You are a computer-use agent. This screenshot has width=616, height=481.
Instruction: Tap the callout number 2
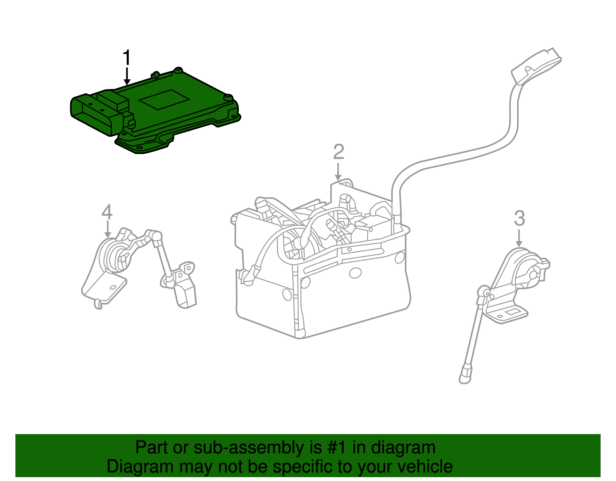tap(339, 152)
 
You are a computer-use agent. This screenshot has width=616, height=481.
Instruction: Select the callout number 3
tap(520, 218)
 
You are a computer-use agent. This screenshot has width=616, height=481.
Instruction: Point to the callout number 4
tap(107, 212)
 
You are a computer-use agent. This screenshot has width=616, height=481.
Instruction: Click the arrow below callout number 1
tap(127, 76)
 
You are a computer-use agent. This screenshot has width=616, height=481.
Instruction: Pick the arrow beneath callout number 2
tap(338, 172)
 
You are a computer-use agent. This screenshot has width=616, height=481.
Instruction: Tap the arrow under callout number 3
tap(519, 238)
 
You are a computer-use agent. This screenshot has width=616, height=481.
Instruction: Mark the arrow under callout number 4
tap(107, 229)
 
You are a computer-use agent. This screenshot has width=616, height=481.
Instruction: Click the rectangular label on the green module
tap(164, 99)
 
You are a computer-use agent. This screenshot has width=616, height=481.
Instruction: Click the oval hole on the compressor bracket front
tap(355, 273)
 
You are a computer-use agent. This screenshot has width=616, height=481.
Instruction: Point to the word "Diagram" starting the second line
tap(140, 466)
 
